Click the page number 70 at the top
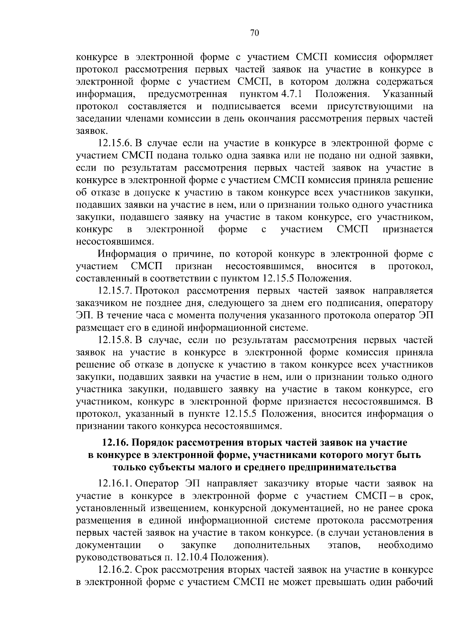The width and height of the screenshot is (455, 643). pos(254,33)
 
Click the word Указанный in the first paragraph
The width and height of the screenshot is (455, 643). pos(408,94)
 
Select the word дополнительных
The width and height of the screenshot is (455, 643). pos(271,545)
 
